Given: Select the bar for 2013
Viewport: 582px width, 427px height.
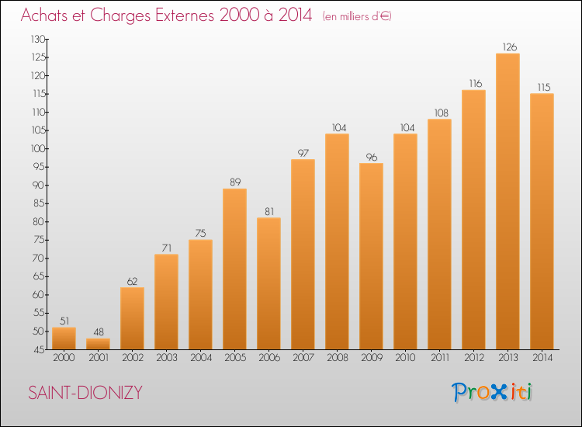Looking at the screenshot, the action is (508, 201).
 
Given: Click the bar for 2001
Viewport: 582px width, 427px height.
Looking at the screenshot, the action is (98, 344).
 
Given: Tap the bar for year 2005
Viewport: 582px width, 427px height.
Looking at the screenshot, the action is (234, 269).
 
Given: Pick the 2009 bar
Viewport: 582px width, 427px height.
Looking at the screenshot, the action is (371, 256).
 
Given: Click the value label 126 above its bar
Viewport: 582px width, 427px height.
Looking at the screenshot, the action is (509, 47).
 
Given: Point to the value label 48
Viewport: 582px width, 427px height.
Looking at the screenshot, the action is (99, 332).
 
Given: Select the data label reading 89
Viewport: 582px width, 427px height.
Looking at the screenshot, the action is (235, 182).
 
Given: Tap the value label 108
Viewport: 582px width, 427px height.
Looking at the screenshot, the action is (442, 113).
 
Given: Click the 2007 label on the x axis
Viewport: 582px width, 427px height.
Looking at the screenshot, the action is (303, 357).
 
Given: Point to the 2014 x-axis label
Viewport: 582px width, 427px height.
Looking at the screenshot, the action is (542, 357).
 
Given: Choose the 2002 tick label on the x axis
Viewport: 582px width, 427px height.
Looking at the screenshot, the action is (133, 357).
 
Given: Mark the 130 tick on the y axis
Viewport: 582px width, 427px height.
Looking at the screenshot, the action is (38, 39).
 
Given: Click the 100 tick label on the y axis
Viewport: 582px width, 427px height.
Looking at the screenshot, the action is (38, 148).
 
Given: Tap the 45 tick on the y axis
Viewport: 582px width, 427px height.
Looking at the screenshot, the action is (40, 350).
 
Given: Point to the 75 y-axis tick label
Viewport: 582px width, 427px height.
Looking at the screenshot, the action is (40, 240).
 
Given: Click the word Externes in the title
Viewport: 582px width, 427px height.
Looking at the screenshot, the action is (185, 16).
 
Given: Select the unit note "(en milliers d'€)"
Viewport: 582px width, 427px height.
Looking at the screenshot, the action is (357, 16).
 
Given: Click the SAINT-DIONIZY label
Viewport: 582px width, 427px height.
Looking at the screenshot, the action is (85, 393).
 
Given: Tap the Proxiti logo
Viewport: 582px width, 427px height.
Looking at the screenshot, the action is (492, 392).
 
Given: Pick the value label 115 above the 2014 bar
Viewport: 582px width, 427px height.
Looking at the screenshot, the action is (544, 87).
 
